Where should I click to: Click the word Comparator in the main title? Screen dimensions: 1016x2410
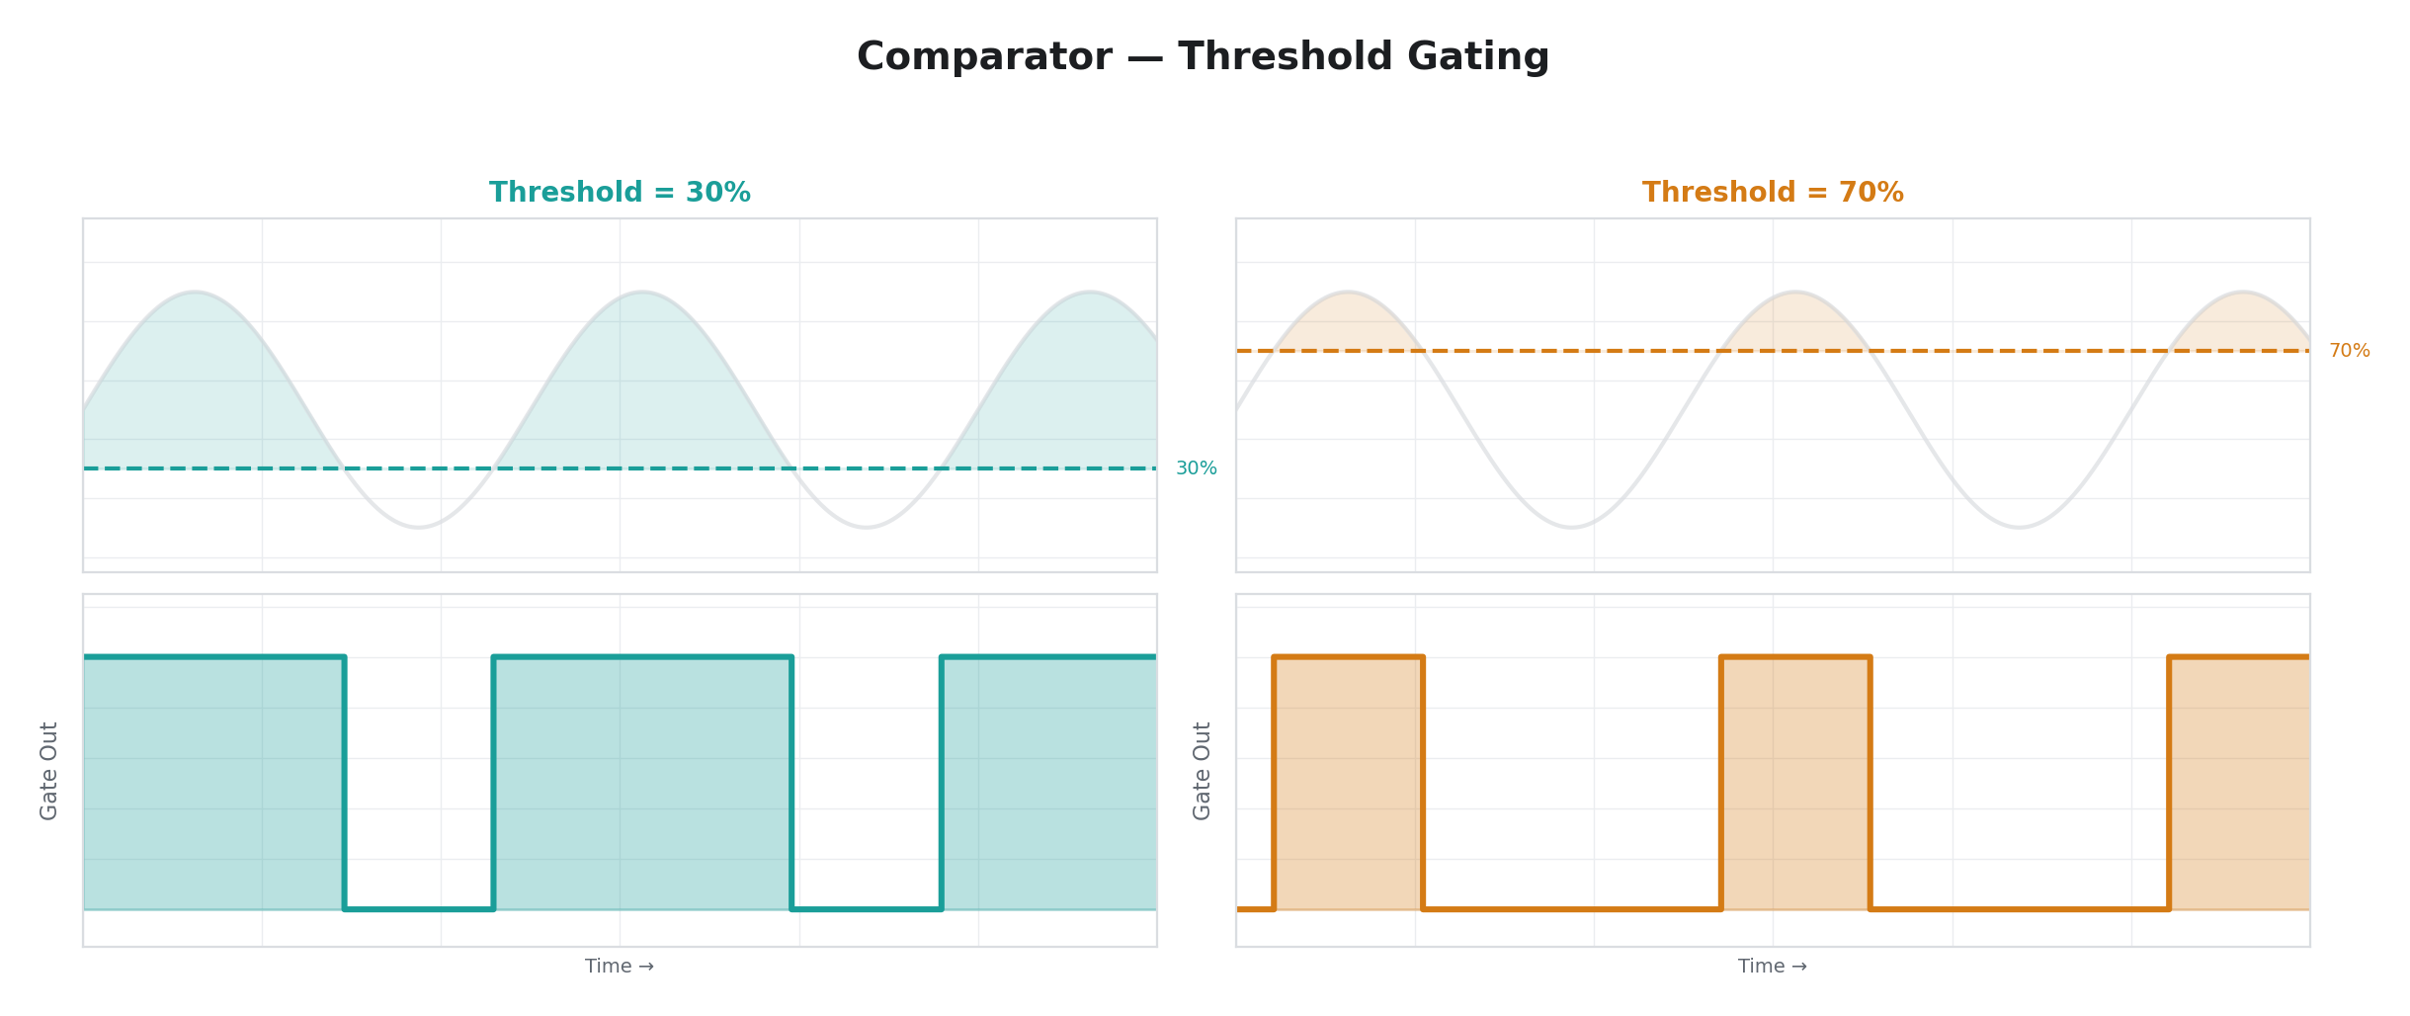984,57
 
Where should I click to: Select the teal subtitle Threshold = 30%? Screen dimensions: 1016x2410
620,193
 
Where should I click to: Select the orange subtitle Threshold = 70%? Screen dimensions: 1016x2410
1773,193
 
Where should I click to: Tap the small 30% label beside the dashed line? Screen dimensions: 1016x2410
1196,468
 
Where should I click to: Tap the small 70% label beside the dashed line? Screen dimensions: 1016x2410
2349,351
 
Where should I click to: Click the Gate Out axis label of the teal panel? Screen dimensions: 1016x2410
49,771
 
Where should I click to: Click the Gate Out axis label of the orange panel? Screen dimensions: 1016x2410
1203,771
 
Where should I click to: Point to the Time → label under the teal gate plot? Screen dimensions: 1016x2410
620,967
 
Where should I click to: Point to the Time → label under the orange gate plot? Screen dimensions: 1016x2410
1773,967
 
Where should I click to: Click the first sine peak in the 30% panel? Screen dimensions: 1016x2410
196,293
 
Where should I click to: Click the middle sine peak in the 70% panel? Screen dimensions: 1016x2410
1795,293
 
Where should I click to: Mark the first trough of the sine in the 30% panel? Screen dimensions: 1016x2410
419,527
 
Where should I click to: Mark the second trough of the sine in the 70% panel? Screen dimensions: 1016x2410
2019,527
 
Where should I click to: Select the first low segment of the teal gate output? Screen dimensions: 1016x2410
419,908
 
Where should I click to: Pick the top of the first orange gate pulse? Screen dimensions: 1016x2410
1349,656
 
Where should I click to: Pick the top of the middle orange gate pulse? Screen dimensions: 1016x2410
1795,656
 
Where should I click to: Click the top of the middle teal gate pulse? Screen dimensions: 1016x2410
642,656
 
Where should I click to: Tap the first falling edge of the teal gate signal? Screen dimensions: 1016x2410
344,781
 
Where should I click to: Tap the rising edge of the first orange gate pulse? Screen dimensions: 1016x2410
1275,781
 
